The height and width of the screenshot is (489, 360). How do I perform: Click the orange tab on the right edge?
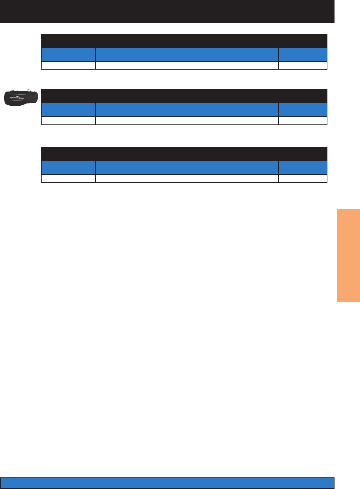[x=348, y=255]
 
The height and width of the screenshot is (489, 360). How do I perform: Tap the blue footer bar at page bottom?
[x=167, y=483]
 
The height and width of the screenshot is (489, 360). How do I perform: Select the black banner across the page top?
[x=167, y=11]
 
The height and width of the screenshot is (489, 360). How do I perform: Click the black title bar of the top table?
[x=184, y=41]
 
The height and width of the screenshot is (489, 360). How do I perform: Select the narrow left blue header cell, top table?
[x=68, y=54]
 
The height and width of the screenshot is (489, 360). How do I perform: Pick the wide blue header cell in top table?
[x=187, y=54]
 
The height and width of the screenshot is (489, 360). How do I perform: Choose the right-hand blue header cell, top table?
[x=303, y=54]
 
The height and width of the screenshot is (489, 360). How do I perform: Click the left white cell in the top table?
[x=68, y=65]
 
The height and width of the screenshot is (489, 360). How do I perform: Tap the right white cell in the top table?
[x=303, y=65]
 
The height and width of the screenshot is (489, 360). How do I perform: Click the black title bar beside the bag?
[x=184, y=96]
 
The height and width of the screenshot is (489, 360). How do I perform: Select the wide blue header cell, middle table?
[x=187, y=110]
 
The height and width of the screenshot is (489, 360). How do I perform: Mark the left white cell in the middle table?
[x=68, y=121]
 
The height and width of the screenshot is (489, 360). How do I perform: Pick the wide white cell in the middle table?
[x=187, y=121]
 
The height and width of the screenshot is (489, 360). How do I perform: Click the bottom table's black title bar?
[x=184, y=153]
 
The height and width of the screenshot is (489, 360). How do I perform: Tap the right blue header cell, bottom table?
[x=303, y=168]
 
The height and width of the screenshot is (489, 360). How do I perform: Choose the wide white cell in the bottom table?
[x=187, y=179]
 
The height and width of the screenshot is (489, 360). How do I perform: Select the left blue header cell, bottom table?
[x=68, y=168]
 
